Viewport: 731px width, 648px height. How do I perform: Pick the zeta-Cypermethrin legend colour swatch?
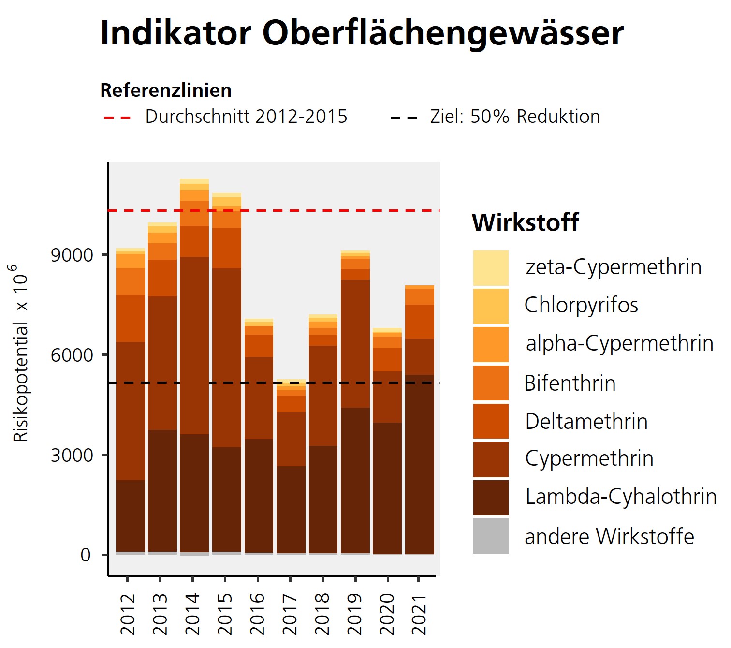491,268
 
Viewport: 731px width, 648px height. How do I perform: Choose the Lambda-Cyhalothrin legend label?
621,497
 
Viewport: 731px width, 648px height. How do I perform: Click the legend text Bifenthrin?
570,383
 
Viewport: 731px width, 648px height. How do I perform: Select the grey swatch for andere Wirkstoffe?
491,536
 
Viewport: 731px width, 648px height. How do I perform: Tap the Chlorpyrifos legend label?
581,305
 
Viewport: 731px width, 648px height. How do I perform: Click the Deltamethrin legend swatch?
491,421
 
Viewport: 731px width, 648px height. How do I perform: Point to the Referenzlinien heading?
166,90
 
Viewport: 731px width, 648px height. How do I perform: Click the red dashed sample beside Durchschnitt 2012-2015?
117,118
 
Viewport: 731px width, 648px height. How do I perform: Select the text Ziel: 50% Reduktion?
515,117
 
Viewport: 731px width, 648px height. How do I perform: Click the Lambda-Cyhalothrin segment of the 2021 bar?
420,464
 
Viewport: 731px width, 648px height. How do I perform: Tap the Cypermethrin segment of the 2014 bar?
194,345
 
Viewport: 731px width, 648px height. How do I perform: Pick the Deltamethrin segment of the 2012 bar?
131,318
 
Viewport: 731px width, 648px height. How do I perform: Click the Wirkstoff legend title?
526,222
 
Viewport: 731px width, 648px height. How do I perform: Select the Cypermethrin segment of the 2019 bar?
355,343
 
